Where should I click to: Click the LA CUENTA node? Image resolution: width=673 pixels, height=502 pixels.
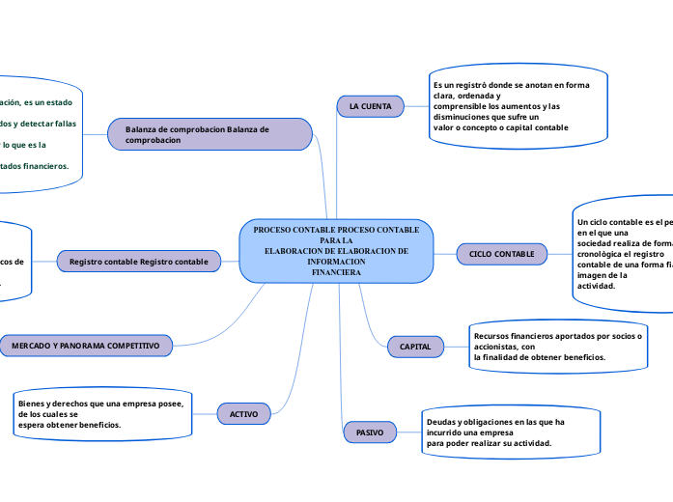pyautogui.click(x=370, y=105)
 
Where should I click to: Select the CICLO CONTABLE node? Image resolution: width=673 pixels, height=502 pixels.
pyautogui.click(x=501, y=253)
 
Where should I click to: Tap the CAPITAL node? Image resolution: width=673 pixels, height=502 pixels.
pyautogui.click(x=415, y=346)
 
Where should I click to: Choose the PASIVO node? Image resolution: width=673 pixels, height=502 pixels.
pyautogui.click(x=369, y=433)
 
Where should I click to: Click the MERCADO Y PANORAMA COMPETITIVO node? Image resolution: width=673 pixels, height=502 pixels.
pyautogui.click(x=87, y=345)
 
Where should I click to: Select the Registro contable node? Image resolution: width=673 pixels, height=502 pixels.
pyautogui.click(x=138, y=262)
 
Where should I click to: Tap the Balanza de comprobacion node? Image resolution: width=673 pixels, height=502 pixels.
pyautogui.click(x=210, y=134)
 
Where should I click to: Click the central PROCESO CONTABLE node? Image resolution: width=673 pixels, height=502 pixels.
pyautogui.click(x=336, y=251)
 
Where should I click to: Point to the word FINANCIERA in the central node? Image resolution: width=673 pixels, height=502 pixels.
pyautogui.click(x=336, y=273)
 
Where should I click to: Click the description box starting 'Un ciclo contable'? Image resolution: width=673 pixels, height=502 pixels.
pyautogui.click(x=624, y=256)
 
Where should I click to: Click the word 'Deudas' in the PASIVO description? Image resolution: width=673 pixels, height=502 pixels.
pyautogui.click(x=440, y=423)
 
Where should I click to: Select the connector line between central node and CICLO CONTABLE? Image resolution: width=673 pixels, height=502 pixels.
pyautogui.click(x=444, y=253)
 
